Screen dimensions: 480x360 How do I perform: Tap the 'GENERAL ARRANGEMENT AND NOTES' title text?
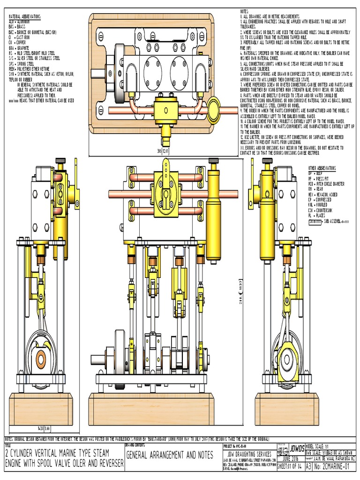coord(169,455)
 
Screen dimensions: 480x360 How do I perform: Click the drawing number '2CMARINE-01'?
coord(335,467)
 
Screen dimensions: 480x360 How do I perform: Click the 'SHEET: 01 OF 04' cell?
coord(291,467)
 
